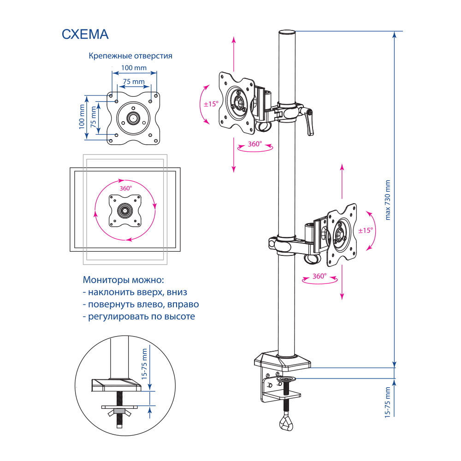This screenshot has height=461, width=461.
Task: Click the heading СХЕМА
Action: [x=85, y=34]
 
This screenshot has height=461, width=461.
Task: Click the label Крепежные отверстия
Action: [x=130, y=56]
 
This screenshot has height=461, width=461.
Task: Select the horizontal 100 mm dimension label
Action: [x=134, y=68]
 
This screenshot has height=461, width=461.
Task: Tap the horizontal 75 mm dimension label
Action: [x=133, y=82]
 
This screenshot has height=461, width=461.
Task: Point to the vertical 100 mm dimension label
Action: [x=83, y=117]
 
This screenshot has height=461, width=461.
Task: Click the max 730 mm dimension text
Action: [x=387, y=200]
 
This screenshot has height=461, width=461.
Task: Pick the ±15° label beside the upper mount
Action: [x=211, y=104]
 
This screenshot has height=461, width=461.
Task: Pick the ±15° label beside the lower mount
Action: [x=365, y=230]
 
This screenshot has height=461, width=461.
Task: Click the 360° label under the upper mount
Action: [x=254, y=144]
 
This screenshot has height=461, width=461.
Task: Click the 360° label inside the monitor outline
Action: [x=125, y=188]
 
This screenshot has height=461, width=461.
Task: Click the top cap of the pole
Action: [x=286, y=33]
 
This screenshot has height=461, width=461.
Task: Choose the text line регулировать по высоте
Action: [x=138, y=317]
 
